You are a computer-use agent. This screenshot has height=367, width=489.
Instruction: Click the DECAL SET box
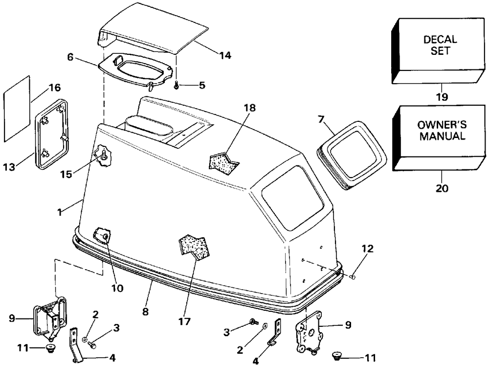pos(439,50)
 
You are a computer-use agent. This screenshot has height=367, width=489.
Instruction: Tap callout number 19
pos(442,97)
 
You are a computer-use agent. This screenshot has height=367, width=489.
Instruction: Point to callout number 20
pos(442,188)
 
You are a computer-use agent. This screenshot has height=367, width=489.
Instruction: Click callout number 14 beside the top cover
pos(225,55)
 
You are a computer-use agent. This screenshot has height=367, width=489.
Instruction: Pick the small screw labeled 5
pos(176,84)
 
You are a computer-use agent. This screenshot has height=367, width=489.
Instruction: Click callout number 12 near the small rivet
pos(368,249)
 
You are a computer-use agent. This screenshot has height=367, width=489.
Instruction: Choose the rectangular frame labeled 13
pos(51,134)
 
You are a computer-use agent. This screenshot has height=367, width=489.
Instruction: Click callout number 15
pos(66,174)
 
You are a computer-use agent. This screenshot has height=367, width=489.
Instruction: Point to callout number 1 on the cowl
pos(59,212)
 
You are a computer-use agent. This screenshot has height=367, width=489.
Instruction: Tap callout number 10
pos(117,288)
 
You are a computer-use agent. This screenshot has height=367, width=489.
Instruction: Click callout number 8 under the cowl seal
pos(145,311)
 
